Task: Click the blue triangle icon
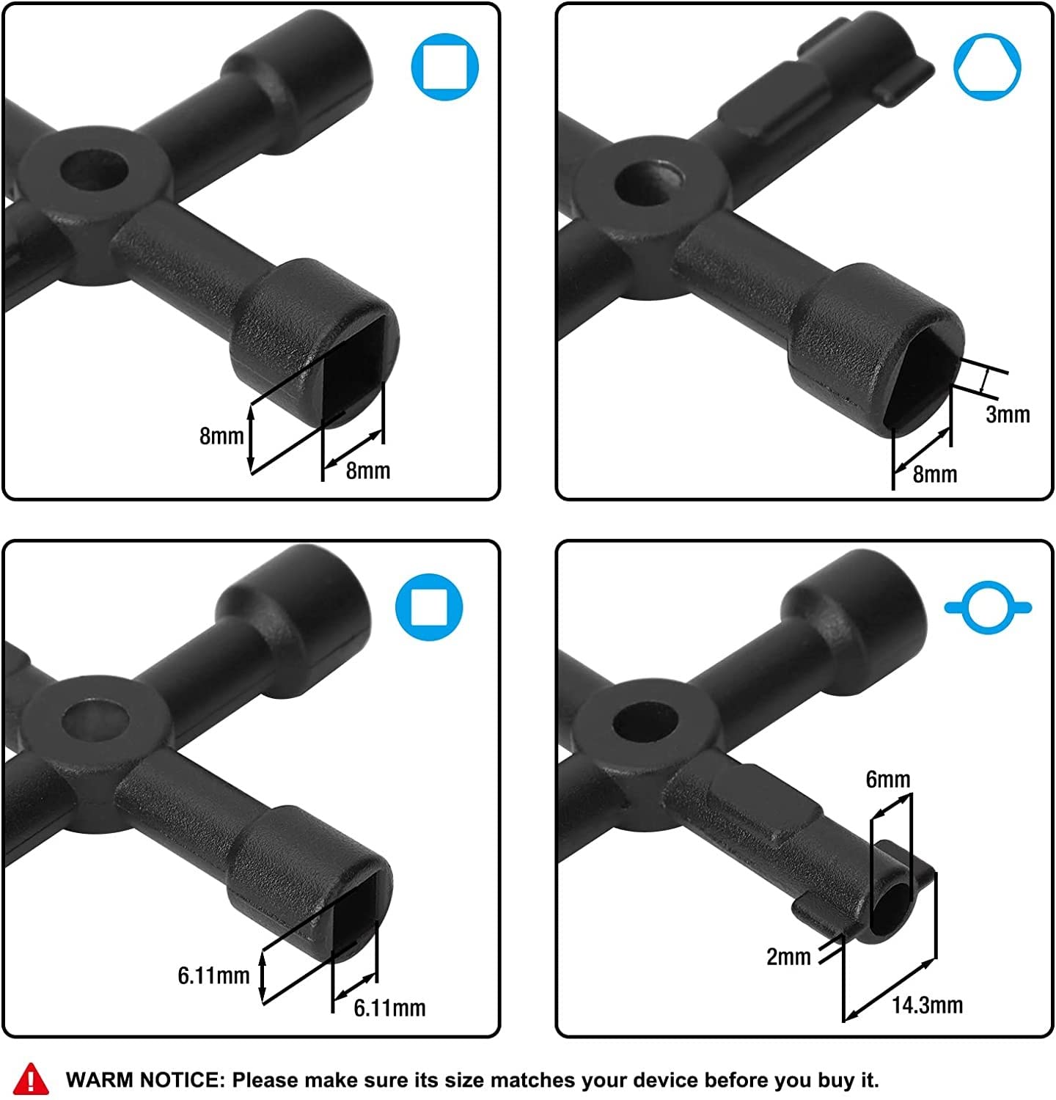[x=987, y=67]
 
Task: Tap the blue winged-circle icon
[x=988, y=607]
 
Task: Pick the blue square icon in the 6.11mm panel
[x=430, y=607]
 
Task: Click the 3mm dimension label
[x=1008, y=414]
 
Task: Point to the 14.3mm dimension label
[x=927, y=1005]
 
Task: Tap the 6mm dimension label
[x=888, y=779]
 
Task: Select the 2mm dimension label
[x=788, y=956]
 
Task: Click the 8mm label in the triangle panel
[x=935, y=474]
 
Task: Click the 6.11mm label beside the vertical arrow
[x=213, y=975]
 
